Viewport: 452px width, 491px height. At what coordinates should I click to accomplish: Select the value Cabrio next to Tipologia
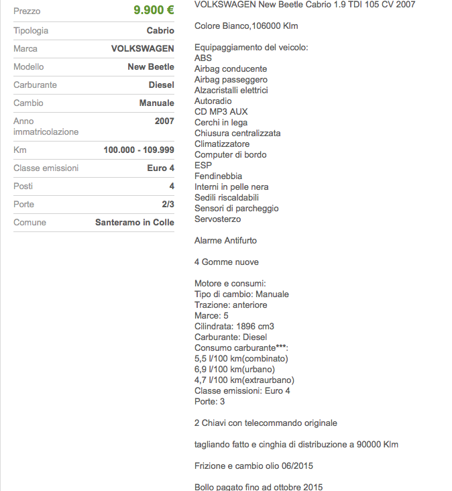tap(160, 31)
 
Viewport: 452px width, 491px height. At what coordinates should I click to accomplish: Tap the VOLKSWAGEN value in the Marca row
tap(142, 49)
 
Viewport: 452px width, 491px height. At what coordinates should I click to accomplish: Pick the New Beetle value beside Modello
tap(151, 67)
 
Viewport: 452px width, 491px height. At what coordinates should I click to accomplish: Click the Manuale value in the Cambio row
tap(156, 103)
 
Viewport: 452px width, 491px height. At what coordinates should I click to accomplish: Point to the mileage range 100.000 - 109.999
tap(139, 150)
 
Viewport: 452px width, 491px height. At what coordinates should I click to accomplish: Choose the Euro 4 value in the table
tap(160, 168)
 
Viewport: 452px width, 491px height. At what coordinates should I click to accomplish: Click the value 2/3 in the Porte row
tap(168, 205)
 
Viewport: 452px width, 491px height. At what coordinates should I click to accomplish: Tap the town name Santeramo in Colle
tap(134, 223)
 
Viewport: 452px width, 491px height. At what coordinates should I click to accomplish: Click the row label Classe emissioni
tap(46, 168)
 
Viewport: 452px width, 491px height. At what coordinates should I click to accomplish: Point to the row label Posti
tap(23, 186)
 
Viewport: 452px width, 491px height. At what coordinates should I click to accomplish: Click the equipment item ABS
tap(203, 58)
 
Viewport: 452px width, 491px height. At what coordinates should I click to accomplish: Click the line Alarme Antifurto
tap(225, 241)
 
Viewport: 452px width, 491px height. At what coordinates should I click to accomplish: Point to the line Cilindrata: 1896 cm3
tap(234, 327)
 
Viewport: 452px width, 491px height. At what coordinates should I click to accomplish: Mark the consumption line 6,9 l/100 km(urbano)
tap(235, 370)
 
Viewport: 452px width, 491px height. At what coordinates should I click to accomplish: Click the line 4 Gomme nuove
tap(226, 262)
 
